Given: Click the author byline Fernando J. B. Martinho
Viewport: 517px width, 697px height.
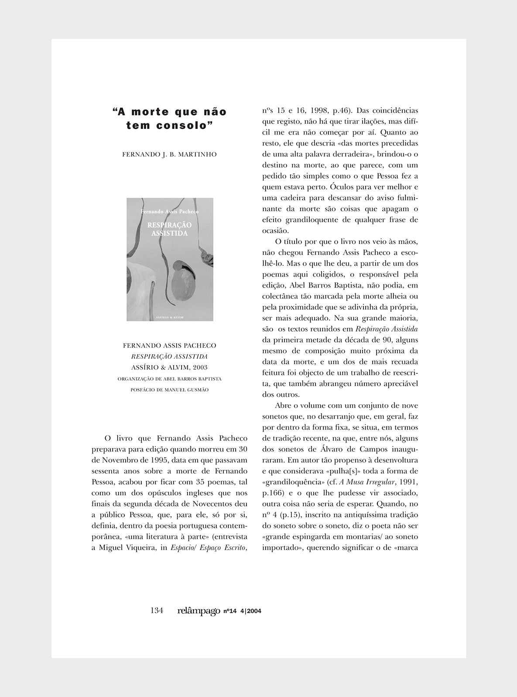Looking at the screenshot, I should click(169, 154).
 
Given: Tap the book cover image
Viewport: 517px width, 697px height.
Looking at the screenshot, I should click(170, 260).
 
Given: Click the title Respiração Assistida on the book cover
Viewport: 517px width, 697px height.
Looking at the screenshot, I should click(170, 229).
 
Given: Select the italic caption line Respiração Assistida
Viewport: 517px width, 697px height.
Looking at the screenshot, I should click(169, 356).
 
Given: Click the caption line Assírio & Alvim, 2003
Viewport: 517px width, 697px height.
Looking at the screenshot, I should click(169, 367).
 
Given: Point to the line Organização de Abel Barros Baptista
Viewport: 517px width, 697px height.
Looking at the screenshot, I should click(169, 379).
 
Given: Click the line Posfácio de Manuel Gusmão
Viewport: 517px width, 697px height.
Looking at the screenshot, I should click(169, 390).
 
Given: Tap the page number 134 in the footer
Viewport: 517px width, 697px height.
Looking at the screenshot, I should click(156, 611).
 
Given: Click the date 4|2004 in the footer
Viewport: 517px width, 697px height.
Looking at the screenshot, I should click(250, 611).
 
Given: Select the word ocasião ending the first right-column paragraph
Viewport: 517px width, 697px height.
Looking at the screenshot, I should click(276, 230).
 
